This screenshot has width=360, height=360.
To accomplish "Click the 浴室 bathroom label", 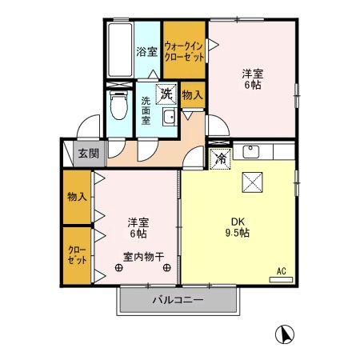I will pyautogui.click(x=146, y=52).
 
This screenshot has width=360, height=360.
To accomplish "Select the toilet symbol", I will pyautogui.click(x=118, y=103).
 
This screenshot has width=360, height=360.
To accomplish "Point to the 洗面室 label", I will pyautogui.click(x=146, y=113).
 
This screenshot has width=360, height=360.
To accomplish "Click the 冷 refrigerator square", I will pyautogui.click(x=220, y=158).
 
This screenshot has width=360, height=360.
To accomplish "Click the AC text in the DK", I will pyautogui.click(x=282, y=271).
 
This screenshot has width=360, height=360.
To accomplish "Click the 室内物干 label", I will pyautogui.click(x=143, y=258).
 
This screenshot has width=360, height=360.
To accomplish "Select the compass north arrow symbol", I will pyautogui.click(x=284, y=334).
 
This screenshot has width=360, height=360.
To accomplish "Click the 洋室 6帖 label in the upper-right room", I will pyautogui.click(x=253, y=80).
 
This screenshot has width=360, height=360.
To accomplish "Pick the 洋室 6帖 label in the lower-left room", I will pyautogui.click(x=137, y=227).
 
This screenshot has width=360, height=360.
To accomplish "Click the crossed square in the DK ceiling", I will pyautogui.click(x=254, y=182).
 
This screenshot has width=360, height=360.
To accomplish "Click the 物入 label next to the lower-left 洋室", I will pyautogui.click(x=77, y=196).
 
